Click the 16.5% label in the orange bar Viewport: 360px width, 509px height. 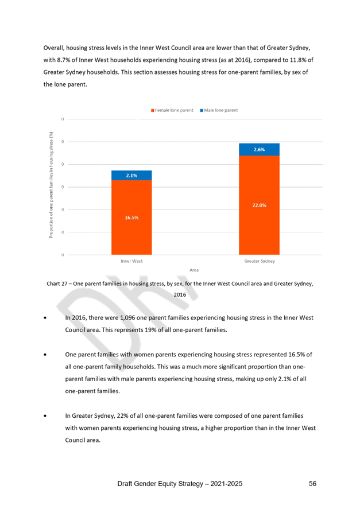pyautogui.click(x=131, y=217)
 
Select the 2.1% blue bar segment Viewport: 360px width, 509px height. pyautogui.click(x=131, y=175)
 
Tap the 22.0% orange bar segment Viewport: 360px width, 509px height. pyautogui.click(x=259, y=205)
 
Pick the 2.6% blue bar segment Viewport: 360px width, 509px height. pyautogui.click(x=259, y=149)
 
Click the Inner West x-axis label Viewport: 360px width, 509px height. pyautogui.click(x=131, y=261)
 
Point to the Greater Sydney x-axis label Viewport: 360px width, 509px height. pyautogui.click(x=259, y=261)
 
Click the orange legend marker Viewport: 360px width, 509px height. pyautogui.click(x=152, y=110)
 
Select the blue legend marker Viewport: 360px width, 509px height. pyautogui.click(x=201, y=110)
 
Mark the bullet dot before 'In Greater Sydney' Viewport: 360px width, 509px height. pyautogui.click(x=45, y=415)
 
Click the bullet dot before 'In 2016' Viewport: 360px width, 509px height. pyautogui.click(x=45, y=317)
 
